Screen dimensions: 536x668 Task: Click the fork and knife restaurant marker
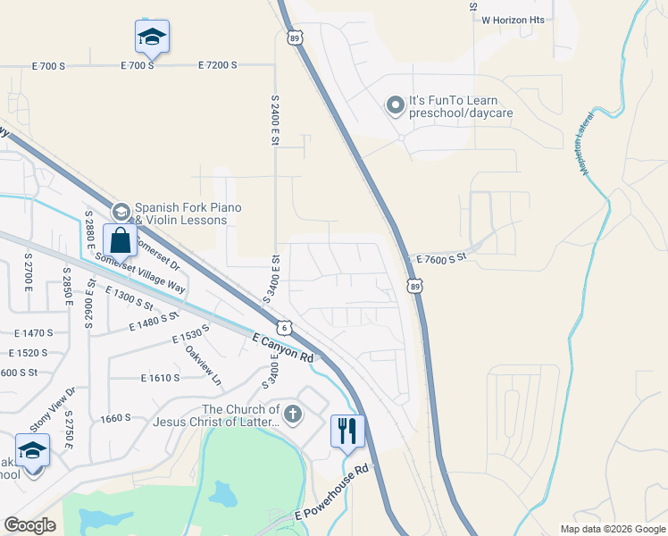point(347,431)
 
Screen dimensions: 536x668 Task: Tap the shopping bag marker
point(120,239)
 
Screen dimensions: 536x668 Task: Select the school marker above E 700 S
point(152,37)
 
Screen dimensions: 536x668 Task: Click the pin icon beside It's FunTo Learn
point(395,106)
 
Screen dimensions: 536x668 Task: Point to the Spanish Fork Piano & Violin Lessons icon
point(121,211)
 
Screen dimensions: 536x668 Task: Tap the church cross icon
point(294,413)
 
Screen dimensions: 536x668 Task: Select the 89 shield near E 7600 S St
point(415,286)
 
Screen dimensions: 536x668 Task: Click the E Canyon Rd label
point(283,349)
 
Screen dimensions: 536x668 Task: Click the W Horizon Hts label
point(513,19)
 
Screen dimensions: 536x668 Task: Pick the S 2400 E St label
point(275,121)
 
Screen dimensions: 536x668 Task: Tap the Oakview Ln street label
point(202,367)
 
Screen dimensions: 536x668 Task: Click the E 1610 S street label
point(161,378)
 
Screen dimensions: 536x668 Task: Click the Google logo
point(29,525)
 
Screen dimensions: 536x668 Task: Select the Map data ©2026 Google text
point(612,529)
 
